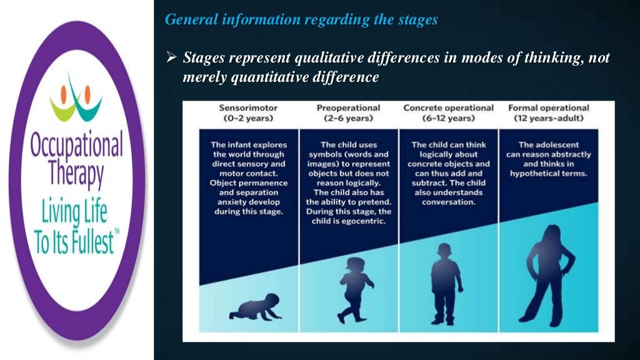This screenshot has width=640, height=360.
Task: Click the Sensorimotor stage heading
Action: tap(247, 107)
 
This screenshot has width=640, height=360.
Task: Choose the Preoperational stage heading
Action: tap(348, 107)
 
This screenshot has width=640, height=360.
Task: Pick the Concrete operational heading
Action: tap(448, 107)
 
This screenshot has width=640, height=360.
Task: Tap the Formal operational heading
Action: tap(548, 107)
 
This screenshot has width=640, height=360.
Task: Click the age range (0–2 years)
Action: tap(247, 118)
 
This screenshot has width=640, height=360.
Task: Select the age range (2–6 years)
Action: tap(348, 118)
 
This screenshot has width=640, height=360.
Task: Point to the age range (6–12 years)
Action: tap(448, 118)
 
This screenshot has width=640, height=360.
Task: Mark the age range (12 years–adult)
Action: tap(548, 118)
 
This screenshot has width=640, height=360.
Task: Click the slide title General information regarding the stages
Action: tap(301, 19)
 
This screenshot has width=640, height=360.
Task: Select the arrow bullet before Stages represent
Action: tap(171, 59)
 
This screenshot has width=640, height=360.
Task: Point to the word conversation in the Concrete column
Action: tap(448, 202)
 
